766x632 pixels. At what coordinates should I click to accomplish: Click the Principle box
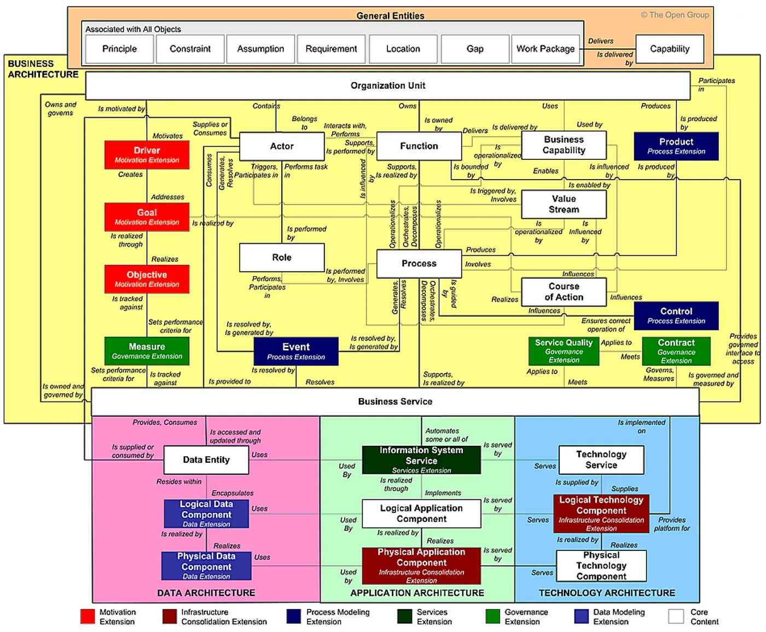pyautogui.click(x=119, y=49)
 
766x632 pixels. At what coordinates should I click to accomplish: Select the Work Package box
pyautogui.click(x=545, y=49)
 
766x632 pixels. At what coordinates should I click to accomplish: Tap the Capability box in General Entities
pyautogui.click(x=670, y=49)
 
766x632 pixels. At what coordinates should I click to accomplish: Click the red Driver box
pyautogui.click(x=147, y=154)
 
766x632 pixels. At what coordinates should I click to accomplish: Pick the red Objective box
pyautogui.click(x=147, y=279)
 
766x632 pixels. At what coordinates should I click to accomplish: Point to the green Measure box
pyautogui.click(x=147, y=351)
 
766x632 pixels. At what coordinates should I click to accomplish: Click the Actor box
pyautogui.click(x=282, y=146)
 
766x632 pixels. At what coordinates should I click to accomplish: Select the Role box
pyautogui.click(x=282, y=257)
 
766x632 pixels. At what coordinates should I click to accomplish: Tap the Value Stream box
pyautogui.click(x=564, y=204)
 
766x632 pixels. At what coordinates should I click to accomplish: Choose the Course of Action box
pyautogui.click(x=564, y=292)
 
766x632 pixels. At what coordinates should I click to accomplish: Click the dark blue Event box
pyautogui.click(x=296, y=351)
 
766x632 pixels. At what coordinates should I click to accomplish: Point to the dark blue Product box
pyautogui.click(x=676, y=146)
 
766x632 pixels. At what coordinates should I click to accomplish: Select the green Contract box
pyautogui.click(x=676, y=351)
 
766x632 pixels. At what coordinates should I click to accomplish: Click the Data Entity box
pyautogui.click(x=206, y=460)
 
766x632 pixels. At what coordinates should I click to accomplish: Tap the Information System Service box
pyautogui.click(x=421, y=459)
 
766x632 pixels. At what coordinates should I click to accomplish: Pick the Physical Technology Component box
pyautogui.click(x=601, y=566)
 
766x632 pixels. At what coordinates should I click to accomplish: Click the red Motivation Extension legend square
pyautogui.click(x=88, y=617)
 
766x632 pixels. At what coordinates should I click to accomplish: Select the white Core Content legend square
pyautogui.click(x=676, y=617)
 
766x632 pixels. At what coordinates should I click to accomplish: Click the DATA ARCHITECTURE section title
pyautogui.click(x=206, y=593)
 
